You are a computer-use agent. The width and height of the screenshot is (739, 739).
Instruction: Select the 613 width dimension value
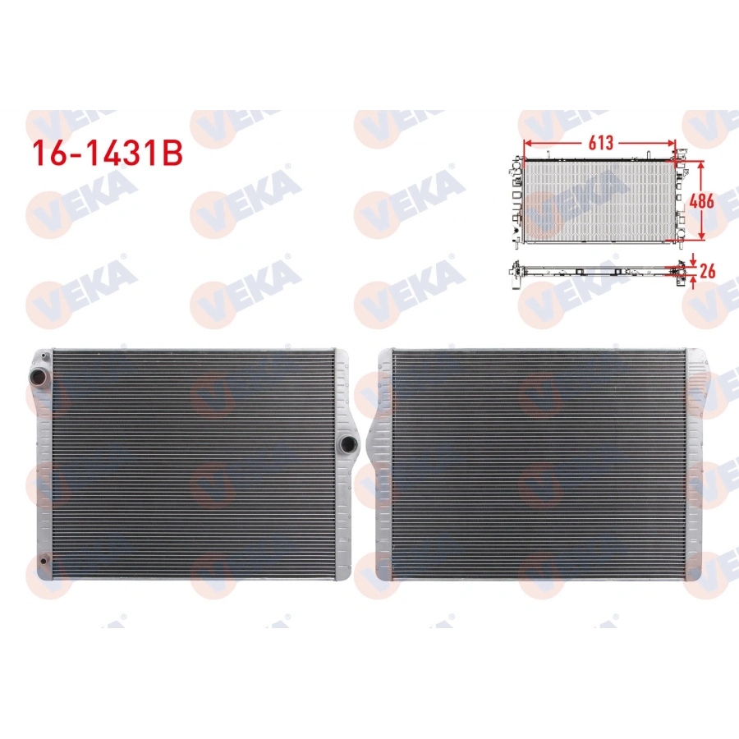click(600, 142)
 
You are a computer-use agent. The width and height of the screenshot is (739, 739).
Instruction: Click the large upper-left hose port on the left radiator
click(39, 376)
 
